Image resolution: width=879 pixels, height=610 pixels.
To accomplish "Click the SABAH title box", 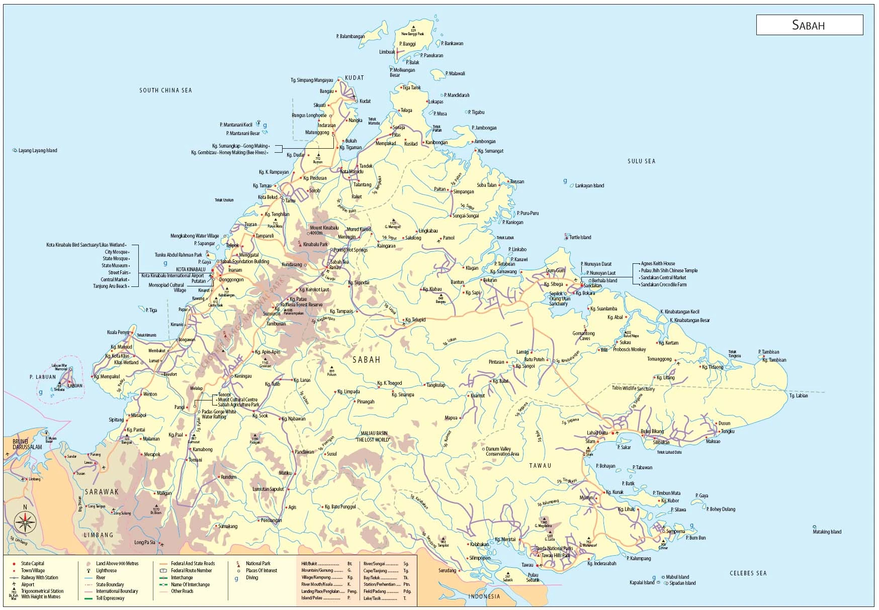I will point(809,25).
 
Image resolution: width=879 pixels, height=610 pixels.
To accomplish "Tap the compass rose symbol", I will point(25,523).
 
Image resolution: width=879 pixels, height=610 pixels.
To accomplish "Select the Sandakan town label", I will point(592,286).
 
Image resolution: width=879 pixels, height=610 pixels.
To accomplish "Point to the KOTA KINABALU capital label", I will point(191,269).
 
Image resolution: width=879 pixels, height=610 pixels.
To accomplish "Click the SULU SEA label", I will point(641,161).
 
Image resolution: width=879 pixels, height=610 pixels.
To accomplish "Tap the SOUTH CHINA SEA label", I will point(165,90).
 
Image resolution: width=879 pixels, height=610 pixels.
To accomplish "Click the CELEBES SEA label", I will point(748,573).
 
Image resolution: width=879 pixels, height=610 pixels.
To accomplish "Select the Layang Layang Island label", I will point(38,151).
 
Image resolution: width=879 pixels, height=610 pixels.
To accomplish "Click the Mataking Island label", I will point(827,532).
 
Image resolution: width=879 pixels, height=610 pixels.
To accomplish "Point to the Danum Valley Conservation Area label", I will point(502,452).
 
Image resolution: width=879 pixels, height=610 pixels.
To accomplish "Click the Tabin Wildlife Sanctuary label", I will point(633,388).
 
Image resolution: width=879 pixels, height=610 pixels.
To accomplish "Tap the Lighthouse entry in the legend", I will point(106,571).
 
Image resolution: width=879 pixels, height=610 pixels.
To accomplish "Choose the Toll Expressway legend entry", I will point(110,598).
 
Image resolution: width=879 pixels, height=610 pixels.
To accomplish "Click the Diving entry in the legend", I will point(252,578).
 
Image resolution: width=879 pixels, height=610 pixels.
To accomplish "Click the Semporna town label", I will point(675,532).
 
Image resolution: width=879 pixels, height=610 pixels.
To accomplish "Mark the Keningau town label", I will point(243,376).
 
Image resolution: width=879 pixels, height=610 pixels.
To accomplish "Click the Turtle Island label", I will point(580,238).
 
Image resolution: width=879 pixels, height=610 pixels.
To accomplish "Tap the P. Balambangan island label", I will point(350,37).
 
